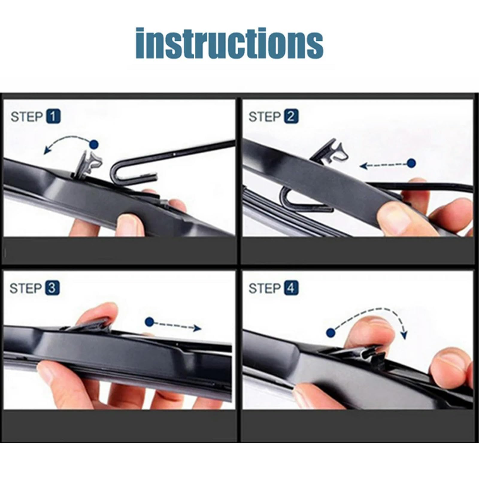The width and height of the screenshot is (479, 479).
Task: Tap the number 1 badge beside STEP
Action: [x=53, y=116]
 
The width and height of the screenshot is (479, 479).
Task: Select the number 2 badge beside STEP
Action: [x=291, y=116]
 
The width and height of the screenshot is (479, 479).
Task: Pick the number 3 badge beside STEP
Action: [x=52, y=288]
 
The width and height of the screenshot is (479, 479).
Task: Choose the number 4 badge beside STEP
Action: [x=291, y=288]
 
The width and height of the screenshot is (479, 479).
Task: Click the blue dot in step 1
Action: [x=94, y=145]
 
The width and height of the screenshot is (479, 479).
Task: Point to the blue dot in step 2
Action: [x=411, y=163]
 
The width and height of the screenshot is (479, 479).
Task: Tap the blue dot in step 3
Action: [x=149, y=322]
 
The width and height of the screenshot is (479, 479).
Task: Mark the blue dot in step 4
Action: [x=331, y=333]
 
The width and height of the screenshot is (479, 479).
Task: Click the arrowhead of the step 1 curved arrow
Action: [x=47, y=150]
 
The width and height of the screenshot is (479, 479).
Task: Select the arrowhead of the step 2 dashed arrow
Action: [x=363, y=166]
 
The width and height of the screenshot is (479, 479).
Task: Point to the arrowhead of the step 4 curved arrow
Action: [x=404, y=335]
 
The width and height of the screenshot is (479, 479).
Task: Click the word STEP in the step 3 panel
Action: [x=26, y=288]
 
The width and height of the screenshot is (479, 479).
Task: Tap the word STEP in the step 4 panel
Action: [x=265, y=289]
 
